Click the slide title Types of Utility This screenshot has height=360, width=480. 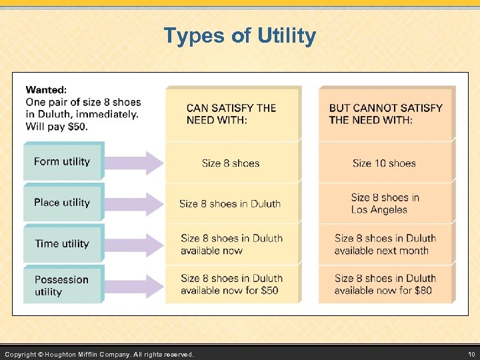(240, 36)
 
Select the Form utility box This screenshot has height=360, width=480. (63, 161)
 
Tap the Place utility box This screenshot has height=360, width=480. (63, 203)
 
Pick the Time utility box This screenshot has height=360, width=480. (63, 244)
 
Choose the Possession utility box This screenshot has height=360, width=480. (63, 285)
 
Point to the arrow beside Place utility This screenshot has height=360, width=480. (135, 203)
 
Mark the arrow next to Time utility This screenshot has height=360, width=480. (135, 244)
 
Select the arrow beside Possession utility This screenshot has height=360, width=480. (135, 285)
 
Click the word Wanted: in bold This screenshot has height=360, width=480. (46, 90)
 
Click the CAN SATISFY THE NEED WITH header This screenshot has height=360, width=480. (231, 114)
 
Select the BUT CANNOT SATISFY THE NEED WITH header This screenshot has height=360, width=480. (385, 114)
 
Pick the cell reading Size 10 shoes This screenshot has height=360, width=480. (384, 163)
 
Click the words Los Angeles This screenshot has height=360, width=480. (379, 210)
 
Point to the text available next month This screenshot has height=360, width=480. (381, 251)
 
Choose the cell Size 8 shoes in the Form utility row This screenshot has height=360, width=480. (231, 163)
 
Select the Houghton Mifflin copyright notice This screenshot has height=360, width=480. (99, 354)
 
